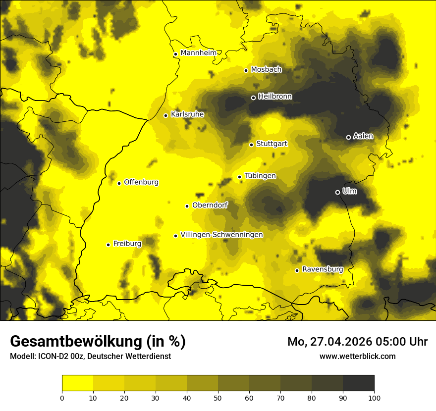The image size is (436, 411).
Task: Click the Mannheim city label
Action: click(199, 53)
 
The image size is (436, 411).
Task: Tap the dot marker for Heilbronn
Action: click(253, 98)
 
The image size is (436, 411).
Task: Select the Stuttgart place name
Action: click(272, 144)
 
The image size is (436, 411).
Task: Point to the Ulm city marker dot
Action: click(337, 192)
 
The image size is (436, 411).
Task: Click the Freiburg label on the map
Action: click(127, 244)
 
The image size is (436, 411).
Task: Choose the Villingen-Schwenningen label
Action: click(221, 235)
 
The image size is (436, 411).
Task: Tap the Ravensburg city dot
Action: click(297, 270)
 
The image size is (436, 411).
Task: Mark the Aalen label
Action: click(363, 136)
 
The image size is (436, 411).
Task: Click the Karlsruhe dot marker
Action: click(165, 115)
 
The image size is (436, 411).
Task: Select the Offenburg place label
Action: click(141, 182)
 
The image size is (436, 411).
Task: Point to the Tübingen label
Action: click(260, 176)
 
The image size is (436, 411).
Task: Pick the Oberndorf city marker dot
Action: click(187, 206)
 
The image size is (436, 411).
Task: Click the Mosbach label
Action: click(266, 70)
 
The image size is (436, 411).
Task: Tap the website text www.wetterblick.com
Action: click(357, 356)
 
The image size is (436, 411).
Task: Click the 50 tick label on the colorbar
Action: click(218, 397)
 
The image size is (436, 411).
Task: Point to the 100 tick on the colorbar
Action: click(374, 397)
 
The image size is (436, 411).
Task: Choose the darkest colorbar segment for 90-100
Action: click(358, 383)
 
